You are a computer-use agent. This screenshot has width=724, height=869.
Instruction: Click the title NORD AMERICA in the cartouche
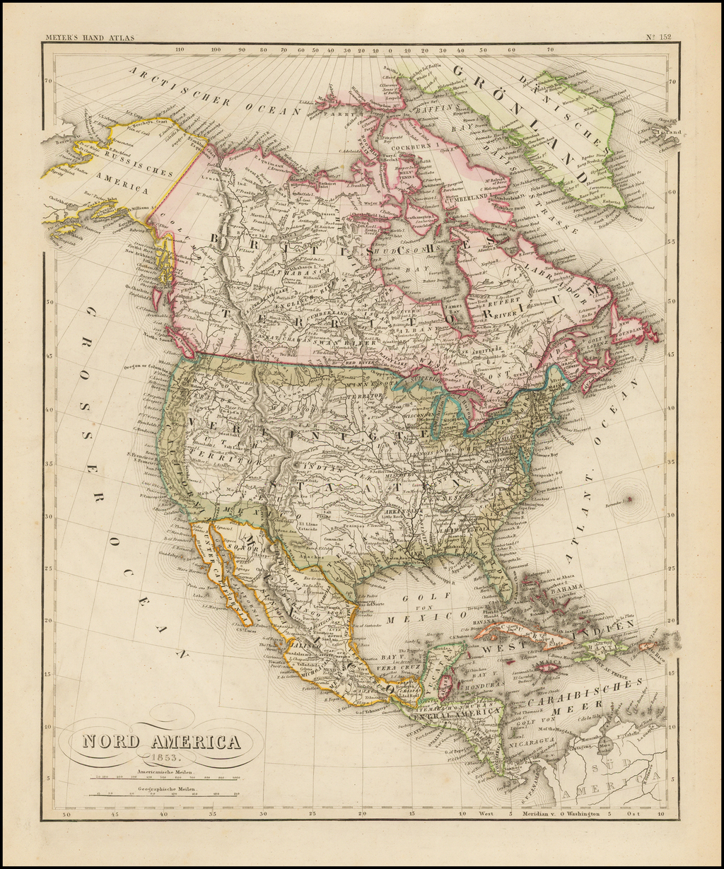pyautogui.click(x=161, y=742)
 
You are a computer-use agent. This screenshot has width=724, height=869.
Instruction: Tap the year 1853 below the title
pyautogui.click(x=162, y=759)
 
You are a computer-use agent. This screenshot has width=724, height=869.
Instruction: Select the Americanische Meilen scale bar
pyautogui.click(x=163, y=777)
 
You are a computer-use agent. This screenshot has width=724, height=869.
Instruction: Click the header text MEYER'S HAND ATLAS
pyautogui.click(x=89, y=37)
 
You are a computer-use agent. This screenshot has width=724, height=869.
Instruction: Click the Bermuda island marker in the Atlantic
pyautogui.click(x=629, y=498)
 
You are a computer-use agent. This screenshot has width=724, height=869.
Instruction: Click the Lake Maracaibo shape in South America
pyautogui.click(x=605, y=746)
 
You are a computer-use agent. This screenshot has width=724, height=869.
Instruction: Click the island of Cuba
pyautogui.click(x=523, y=632)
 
